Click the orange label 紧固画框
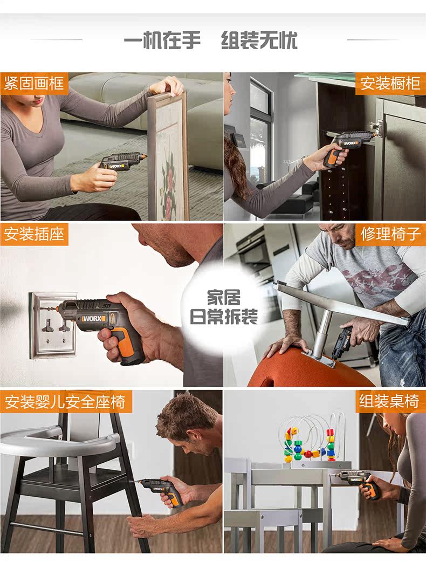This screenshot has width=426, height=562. (x=34, y=84)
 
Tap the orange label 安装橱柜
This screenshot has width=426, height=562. (x=390, y=84)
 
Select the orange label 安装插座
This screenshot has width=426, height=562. (x=34, y=235)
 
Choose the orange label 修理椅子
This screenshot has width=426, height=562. (x=390, y=235)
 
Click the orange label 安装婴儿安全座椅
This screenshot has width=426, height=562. (x=66, y=401)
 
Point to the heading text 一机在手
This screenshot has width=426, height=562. (x=162, y=40)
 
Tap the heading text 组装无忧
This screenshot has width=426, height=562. (x=259, y=40)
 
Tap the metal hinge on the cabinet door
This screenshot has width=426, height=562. (x=376, y=126)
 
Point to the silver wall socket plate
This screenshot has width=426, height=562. (x=53, y=325)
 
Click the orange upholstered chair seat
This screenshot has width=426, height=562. (x=308, y=367)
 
